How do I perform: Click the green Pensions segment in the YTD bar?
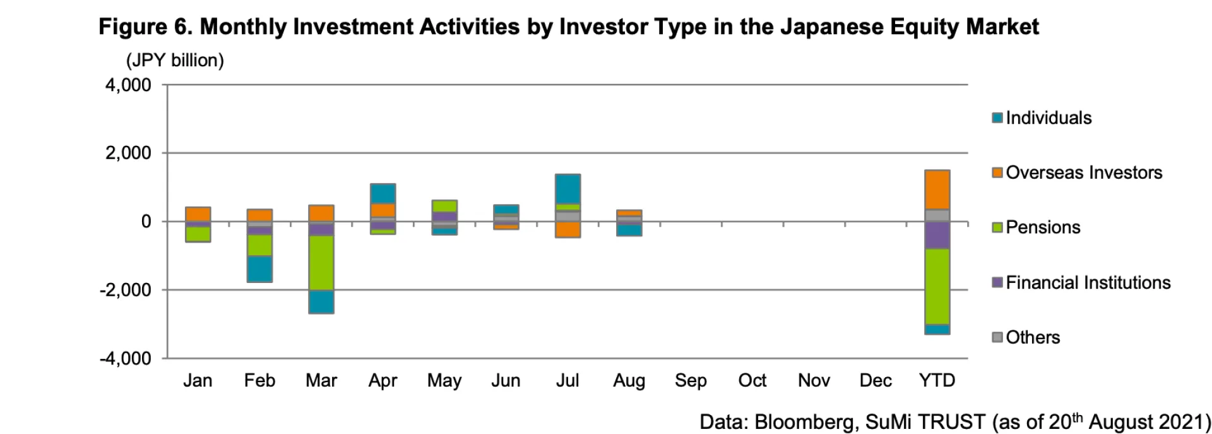[937, 286]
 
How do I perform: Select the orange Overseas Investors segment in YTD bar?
[937, 190]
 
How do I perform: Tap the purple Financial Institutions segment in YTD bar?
[937, 235]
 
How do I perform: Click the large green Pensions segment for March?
[321, 263]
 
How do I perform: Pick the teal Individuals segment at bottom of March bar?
[321, 301]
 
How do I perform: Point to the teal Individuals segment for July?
[567, 189]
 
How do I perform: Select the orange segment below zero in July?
[567, 229]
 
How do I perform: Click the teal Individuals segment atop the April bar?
[383, 193]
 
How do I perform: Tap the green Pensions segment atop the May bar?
[444, 206]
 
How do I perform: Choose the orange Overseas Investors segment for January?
[198, 214]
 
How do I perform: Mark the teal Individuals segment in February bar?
[259, 268]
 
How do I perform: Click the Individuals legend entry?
[1048, 118]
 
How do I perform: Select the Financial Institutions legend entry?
[1088, 282]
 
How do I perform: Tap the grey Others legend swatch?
[997, 337]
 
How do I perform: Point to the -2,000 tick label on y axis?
[125, 290]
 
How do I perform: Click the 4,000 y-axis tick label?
[128, 85]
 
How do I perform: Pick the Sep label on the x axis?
[691, 380]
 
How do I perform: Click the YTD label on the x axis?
[937, 380]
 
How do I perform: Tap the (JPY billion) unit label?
[175, 61]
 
